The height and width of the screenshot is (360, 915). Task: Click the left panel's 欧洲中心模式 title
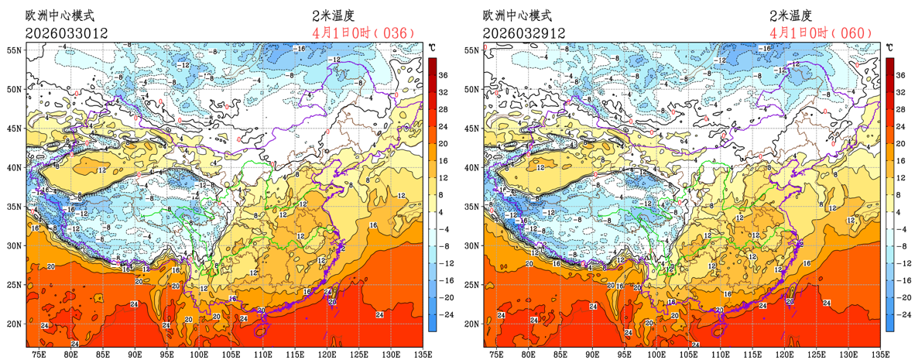pyautogui.click(x=62, y=15)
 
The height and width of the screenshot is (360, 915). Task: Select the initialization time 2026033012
pyautogui.click(x=67, y=33)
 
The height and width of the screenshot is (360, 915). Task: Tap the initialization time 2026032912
pyautogui.click(x=523, y=33)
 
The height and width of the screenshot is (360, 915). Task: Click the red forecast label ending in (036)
pyautogui.click(x=365, y=33)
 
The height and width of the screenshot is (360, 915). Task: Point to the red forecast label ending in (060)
pyautogui.click(x=822, y=33)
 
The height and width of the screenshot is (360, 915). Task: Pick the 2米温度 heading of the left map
pyautogui.click(x=334, y=15)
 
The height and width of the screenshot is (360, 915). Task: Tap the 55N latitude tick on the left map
pyautogui.click(x=15, y=50)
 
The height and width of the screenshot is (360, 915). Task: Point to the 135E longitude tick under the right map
pyautogui.click(x=879, y=353)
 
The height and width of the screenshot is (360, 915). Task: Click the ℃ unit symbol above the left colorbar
pyautogui.click(x=433, y=47)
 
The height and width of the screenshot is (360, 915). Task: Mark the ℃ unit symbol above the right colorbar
pyautogui.click(x=890, y=47)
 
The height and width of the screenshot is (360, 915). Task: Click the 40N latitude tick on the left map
pyautogui.click(x=15, y=166)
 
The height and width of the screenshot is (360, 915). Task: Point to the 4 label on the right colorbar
pyautogui.click(x=900, y=211)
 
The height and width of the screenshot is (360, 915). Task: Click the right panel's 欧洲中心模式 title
pyautogui.click(x=519, y=15)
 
